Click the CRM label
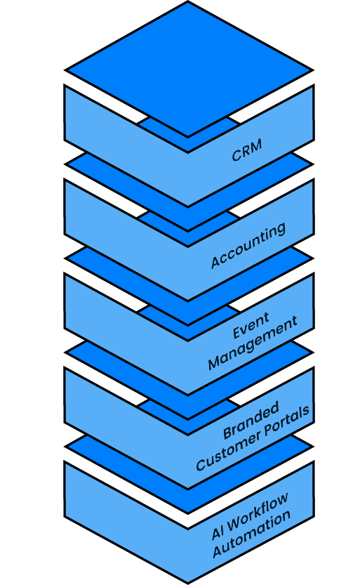[247, 150]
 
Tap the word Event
[251, 325]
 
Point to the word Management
[253, 343]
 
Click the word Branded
[251, 420]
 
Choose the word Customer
[227, 451]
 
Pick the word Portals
[287, 420]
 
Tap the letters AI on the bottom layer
[218, 533]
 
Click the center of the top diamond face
[188, 70]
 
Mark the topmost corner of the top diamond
[188, 2]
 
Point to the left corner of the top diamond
[65, 70]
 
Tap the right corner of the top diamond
[312, 70]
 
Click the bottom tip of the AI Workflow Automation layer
[188, 583]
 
